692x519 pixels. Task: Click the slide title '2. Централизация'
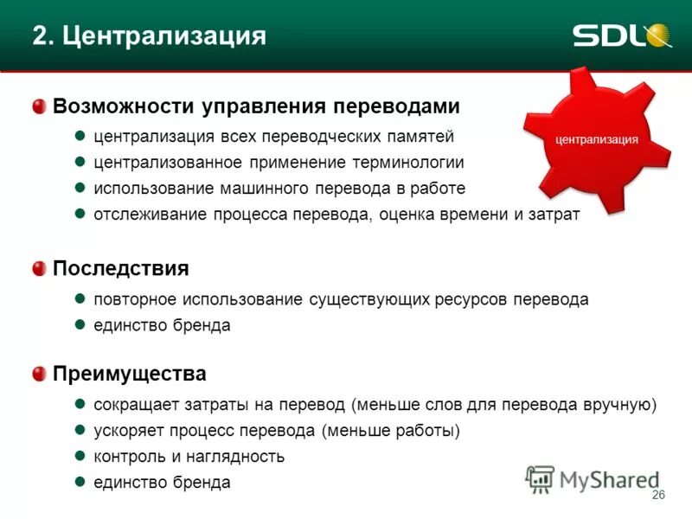pyautogui.click(x=149, y=35)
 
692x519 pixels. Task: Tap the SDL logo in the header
pyautogui.click(x=621, y=35)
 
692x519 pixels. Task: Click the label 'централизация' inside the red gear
pyautogui.click(x=597, y=138)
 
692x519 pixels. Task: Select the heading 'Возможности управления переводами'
pyautogui.click(x=256, y=106)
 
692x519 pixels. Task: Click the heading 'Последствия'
pyautogui.click(x=120, y=268)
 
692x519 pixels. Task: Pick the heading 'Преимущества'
pyautogui.click(x=130, y=375)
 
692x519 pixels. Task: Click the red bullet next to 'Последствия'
pyautogui.click(x=39, y=269)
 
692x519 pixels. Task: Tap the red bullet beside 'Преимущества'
pyautogui.click(x=39, y=375)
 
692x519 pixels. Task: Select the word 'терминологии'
pyautogui.click(x=408, y=163)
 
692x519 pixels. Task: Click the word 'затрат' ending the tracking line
pyautogui.click(x=554, y=215)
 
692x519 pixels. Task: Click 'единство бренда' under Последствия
pyautogui.click(x=162, y=325)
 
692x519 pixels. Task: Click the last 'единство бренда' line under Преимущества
pyautogui.click(x=162, y=483)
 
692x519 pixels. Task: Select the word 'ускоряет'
pyautogui.click(x=129, y=431)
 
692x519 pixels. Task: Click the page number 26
pyautogui.click(x=657, y=495)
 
